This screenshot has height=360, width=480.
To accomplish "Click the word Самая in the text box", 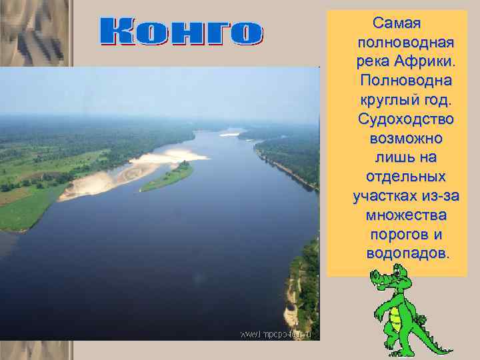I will [x=397, y=24].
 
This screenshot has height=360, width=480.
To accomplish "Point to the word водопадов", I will [x=407, y=255].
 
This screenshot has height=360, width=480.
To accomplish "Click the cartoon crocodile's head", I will [x=391, y=277].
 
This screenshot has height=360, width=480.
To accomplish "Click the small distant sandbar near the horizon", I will [x=229, y=134].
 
